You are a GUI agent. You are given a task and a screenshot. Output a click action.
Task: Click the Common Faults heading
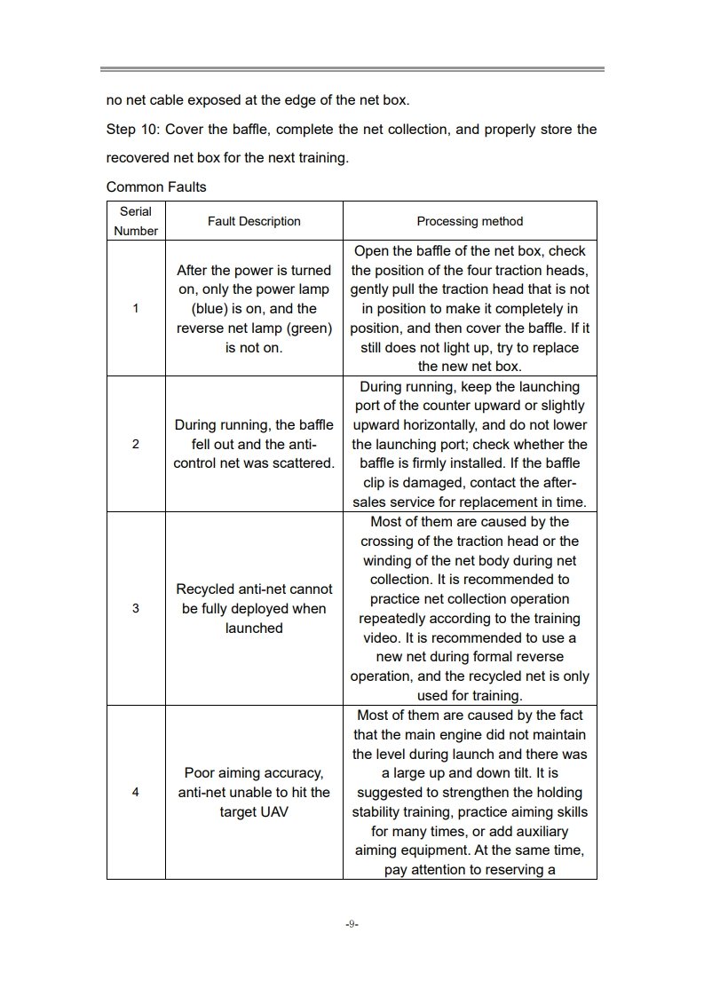[155, 187]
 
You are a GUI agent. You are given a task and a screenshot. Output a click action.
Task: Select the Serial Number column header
[136, 221]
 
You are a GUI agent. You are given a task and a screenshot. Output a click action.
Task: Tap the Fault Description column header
[254, 221]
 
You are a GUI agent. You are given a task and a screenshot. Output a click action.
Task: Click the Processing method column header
[470, 221]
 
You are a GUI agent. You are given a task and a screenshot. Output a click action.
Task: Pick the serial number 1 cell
[136, 309]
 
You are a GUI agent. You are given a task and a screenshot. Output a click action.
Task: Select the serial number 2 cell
[136, 444]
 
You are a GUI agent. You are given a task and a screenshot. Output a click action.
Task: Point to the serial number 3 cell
[136, 608]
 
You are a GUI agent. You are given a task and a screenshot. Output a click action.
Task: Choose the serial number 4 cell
[136, 792]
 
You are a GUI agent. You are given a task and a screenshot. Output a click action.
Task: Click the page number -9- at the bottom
[352, 924]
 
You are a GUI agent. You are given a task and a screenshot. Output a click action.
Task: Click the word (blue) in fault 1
[210, 309]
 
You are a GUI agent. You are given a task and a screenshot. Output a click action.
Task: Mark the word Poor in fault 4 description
[200, 772]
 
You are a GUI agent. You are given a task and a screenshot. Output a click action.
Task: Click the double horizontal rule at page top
[352, 68]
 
